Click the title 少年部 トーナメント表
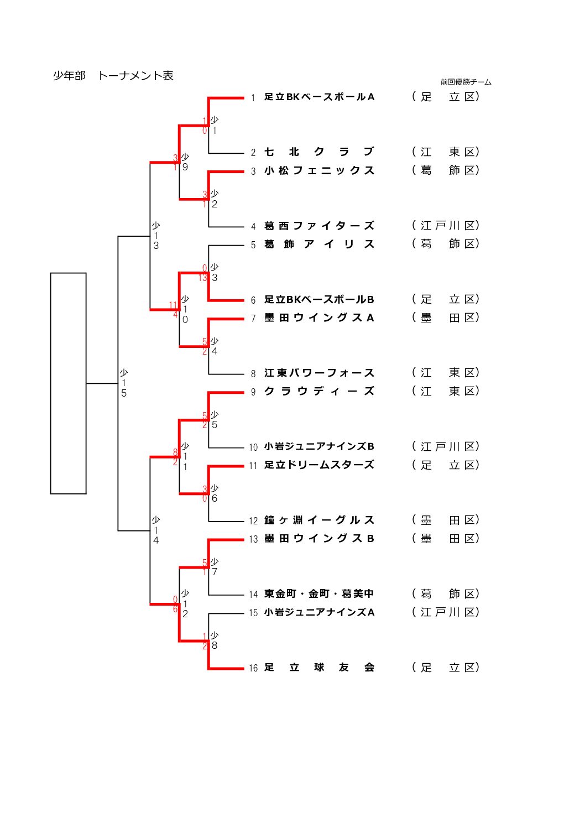(x=113, y=76)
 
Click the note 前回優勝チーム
(x=466, y=82)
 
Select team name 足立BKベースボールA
(x=319, y=97)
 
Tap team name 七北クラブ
(x=319, y=152)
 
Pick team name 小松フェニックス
(x=319, y=171)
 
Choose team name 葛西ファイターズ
(x=319, y=226)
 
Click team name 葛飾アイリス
(x=319, y=244)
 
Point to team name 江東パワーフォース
(x=319, y=373)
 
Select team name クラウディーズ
(x=319, y=392)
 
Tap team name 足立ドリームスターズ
(x=319, y=465)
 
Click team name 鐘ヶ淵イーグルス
(x=319, y=520)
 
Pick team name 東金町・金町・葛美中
(x=319, y=594)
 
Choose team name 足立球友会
(x=319, y=668)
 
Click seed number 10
(x=253, y=447)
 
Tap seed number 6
(x=253, y=300)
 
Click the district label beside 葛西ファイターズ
(x=445, y=226)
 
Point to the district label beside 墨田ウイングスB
(x=445, y=539)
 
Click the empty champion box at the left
(x=69, y=383)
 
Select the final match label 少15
(x=124, y=383)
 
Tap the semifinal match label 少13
(x=156, y=236)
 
